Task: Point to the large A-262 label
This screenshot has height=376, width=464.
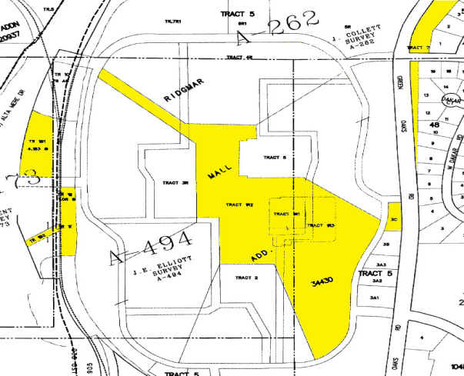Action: click(275, 28)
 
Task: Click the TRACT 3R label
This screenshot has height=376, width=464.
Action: click(175, 183)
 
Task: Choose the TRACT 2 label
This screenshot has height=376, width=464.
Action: click(245, 277)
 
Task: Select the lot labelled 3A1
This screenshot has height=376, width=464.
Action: click(376, 297)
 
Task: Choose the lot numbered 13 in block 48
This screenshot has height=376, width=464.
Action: click(426, 94)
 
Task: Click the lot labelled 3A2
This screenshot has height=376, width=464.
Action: click(376, 282)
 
